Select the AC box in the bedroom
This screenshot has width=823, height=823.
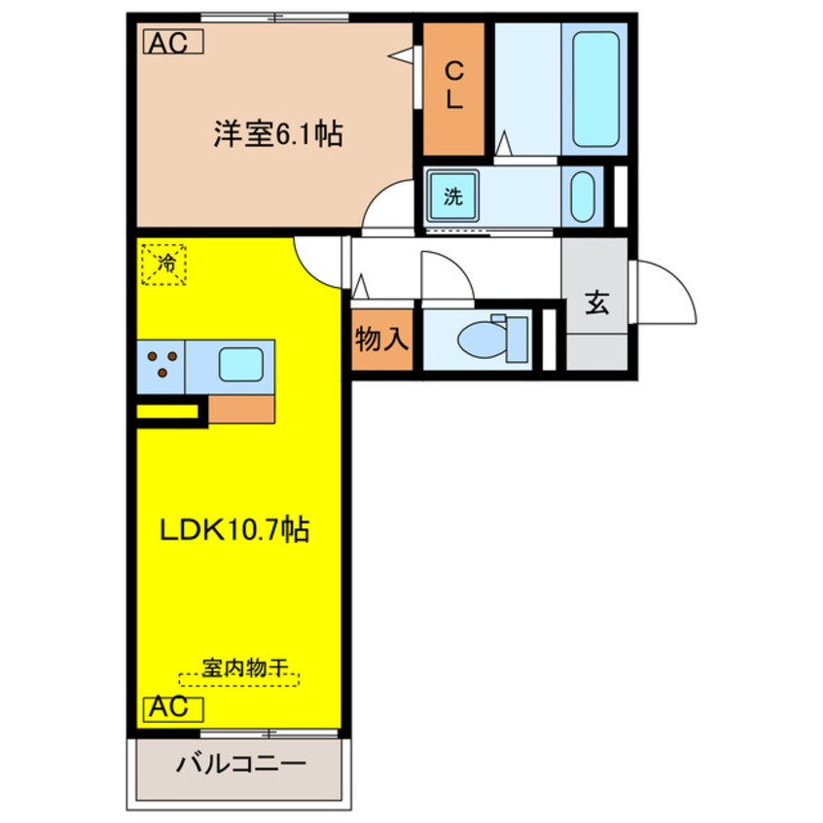[174, 42]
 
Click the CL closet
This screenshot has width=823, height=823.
[453, 88]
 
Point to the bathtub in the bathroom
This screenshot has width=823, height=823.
[595, 88]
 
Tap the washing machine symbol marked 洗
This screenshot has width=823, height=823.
[453, 197]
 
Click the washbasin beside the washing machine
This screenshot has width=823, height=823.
[583, 197]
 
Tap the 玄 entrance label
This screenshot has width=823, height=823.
[596, 303]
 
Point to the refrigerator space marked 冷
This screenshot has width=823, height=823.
[166, 262]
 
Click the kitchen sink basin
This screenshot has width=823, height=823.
[239, 365]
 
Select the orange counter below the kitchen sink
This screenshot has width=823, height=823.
[241, 410]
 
